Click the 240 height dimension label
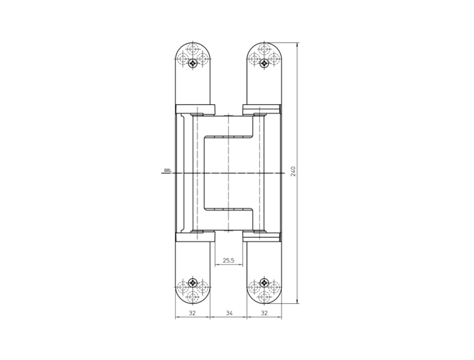(293, 171)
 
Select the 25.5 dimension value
(228, 260)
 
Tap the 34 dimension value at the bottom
(229, 313)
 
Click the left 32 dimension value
(192, 313)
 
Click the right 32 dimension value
(264, 313)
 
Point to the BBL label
(168, 170)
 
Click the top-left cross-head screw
(193, 63)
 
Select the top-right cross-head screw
(265, 63)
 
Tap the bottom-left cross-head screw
(193, 283)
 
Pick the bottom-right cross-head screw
(265, 283)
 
